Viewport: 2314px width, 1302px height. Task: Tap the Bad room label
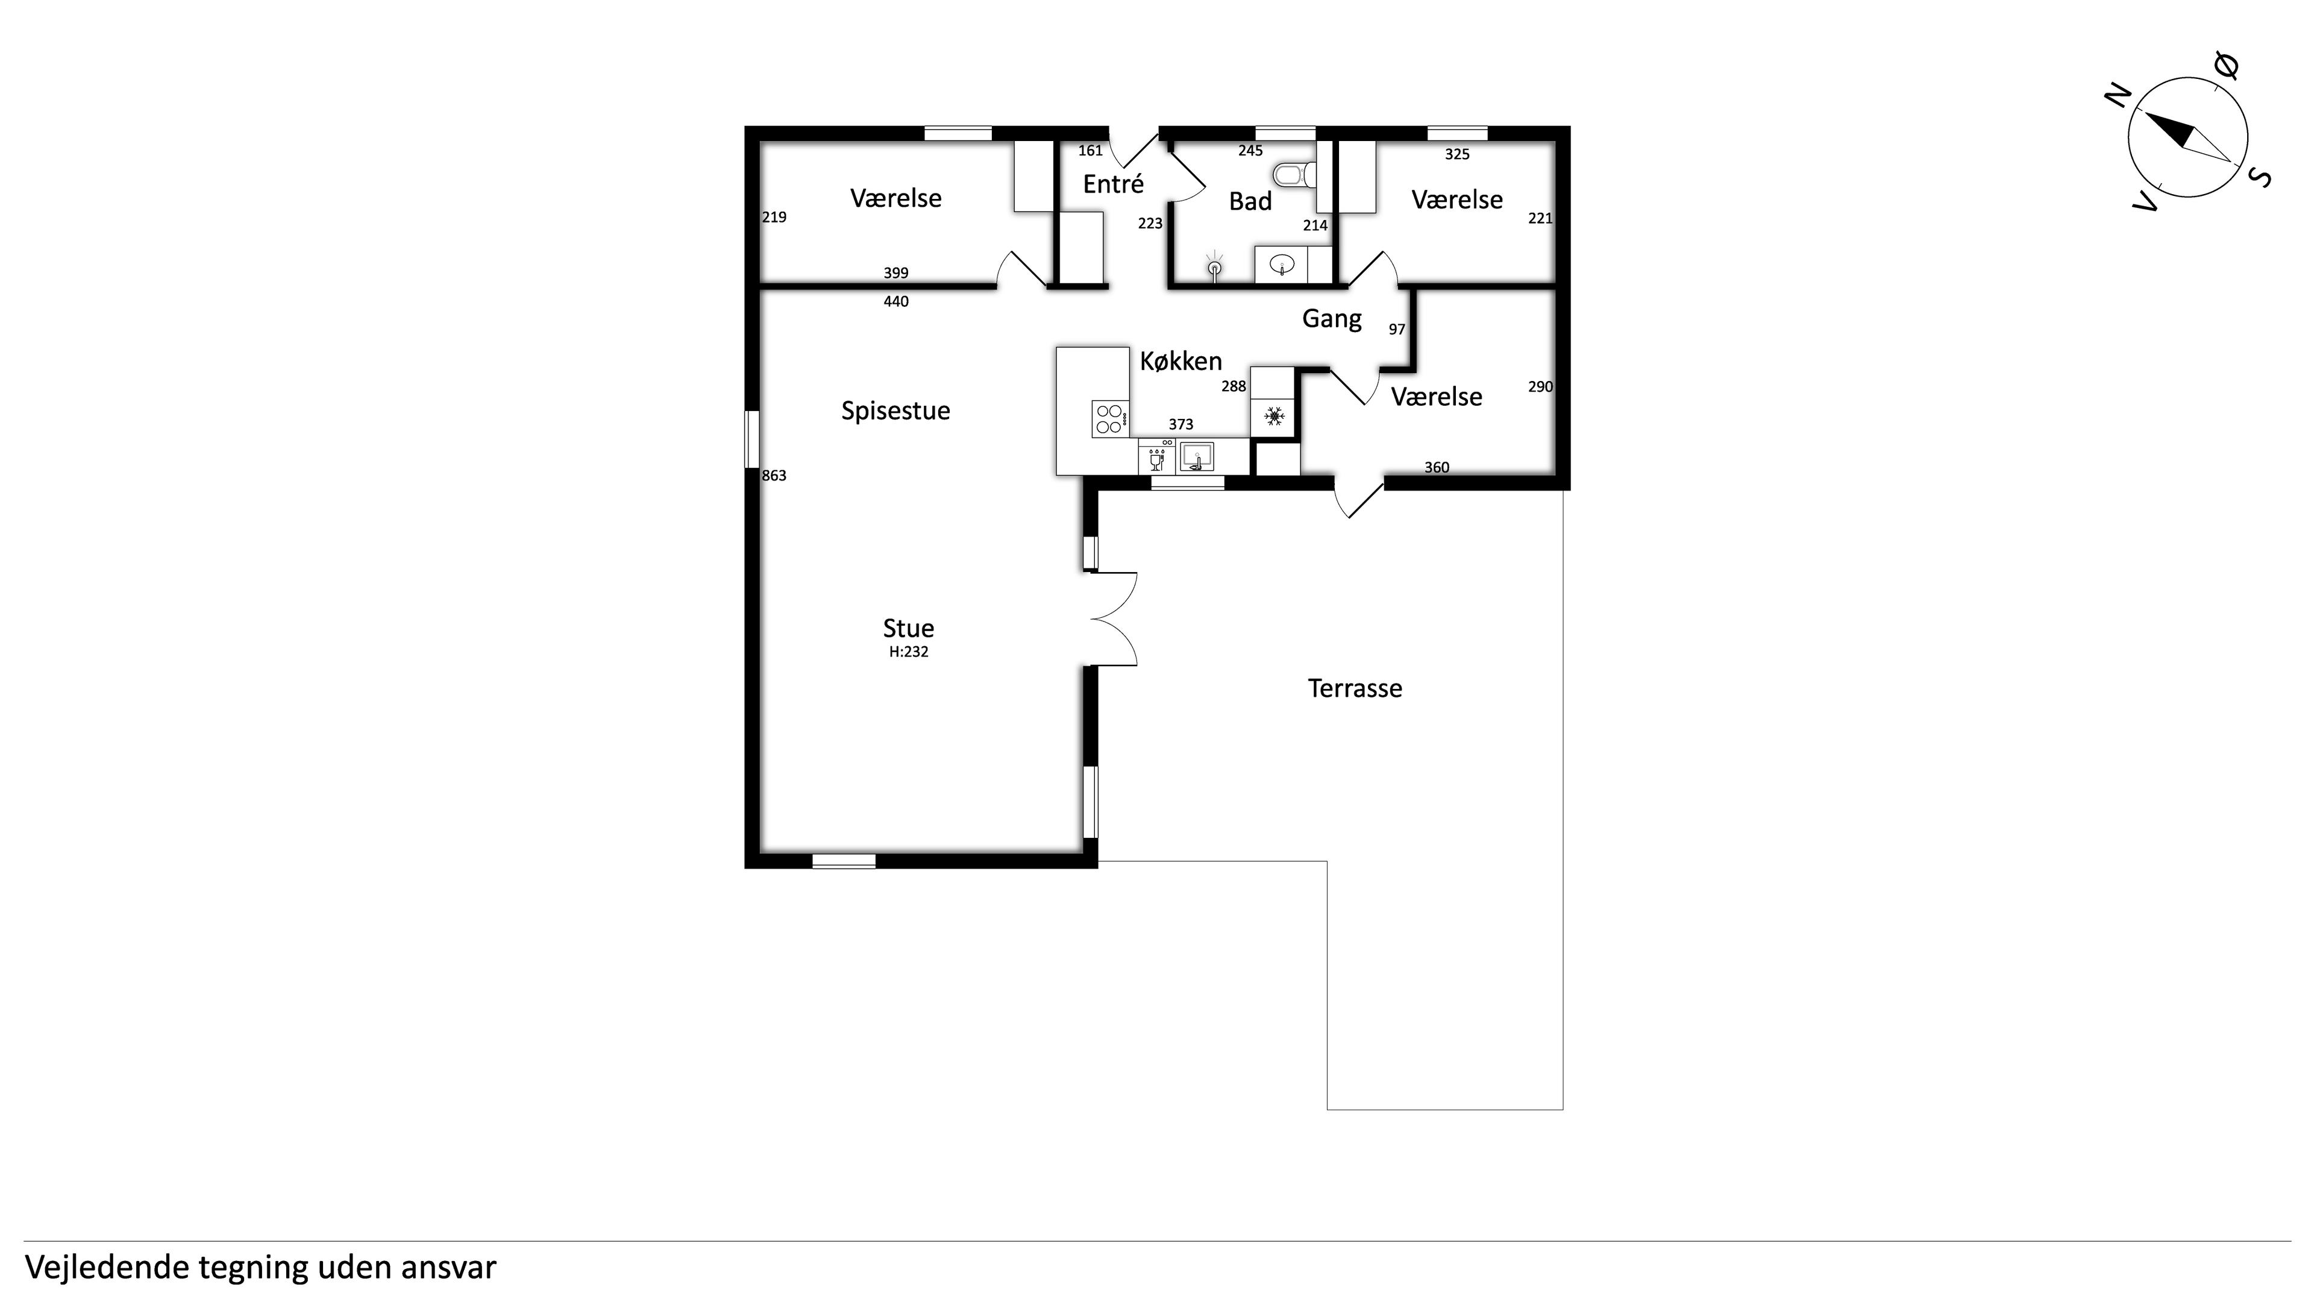(1250, 201)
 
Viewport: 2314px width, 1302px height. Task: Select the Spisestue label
(895, 410)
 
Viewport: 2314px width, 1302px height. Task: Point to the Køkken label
(1181, 361)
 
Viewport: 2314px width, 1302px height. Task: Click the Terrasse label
(1355, 688)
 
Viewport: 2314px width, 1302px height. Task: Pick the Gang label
(1331, 319)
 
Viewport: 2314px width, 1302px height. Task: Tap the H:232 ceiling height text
(908, 652)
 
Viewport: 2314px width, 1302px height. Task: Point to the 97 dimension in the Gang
(1397, 330)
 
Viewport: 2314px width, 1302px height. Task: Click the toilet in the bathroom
(1294, 174)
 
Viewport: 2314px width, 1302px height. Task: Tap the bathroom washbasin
(1282, 264)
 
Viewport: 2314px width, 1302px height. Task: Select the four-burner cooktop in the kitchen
(1110, 419)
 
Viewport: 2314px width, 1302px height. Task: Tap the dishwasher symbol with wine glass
(1157, 456)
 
